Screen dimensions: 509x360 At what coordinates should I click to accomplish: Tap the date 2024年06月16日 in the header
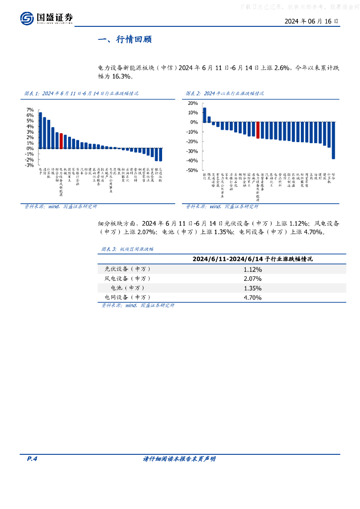pyautogui.click(x=312, y=22)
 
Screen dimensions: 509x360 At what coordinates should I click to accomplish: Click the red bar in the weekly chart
pyautogui.click(x=61, y=141)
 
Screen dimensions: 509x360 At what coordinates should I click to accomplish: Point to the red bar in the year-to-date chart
pyautogui.click(x=258, y=130)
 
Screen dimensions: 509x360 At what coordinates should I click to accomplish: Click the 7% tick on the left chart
pyautogui.click(x=30, y=109)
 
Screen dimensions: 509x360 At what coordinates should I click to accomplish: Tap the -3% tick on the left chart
pyautogui.click(x=29, y=165)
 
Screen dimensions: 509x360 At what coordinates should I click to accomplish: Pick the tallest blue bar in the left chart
pyautogui.click(x=40, y=130)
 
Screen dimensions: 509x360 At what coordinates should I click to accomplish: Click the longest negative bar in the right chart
pyautogui.click(x=333, y=141)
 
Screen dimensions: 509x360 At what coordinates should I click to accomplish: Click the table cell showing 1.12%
pyautogui.click(x=252, y=269)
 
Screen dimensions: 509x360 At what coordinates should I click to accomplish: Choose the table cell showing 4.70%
pyautogui.click(x=252, y=297)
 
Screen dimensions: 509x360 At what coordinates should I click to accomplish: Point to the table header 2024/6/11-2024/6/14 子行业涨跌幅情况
pyautogui.click(x=252, y=259)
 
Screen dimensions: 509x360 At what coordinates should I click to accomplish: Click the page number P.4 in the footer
pyautogui.click(x=32, y=459)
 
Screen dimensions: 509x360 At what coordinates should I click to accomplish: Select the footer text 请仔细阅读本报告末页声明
pyautogui.click(x=179, y=459)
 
